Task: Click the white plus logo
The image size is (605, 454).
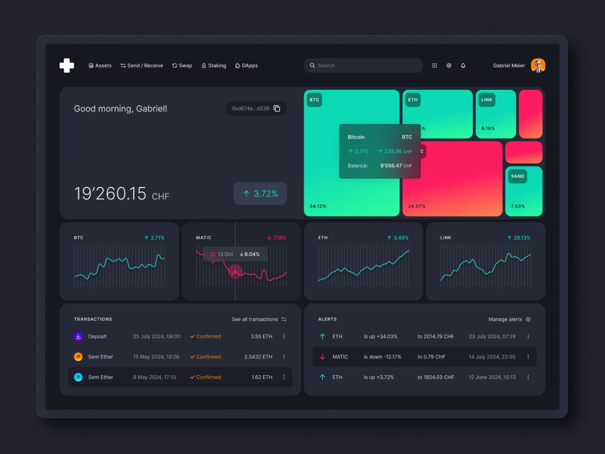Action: [67, 65]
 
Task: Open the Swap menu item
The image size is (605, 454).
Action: [182, 66]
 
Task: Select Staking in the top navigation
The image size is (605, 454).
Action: [214, 66]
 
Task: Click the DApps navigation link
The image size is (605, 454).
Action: [246, 66]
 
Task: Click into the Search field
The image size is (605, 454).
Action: [363, 66]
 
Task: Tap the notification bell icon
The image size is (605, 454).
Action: [463, 66]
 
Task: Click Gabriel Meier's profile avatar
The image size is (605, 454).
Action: [538, 66]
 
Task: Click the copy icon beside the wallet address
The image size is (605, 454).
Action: [277, 108]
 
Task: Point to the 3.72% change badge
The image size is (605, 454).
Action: [260, 193]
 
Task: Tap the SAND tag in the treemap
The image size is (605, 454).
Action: [517, 177]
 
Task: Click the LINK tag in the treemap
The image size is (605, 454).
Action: [486, 100]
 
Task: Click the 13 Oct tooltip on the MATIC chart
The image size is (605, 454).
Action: [235, 254]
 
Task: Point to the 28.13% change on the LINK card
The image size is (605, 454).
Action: [519, 238]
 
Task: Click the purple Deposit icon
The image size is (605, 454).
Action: [78, 336]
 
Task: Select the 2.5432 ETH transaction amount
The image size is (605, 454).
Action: [258, 357]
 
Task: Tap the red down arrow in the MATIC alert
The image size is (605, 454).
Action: [322, 357]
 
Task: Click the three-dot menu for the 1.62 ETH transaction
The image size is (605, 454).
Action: [284, 377]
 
